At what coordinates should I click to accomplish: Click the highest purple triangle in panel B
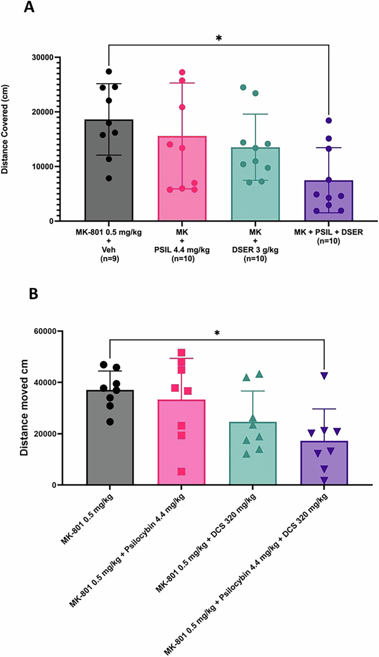click(x=324, y=376)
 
